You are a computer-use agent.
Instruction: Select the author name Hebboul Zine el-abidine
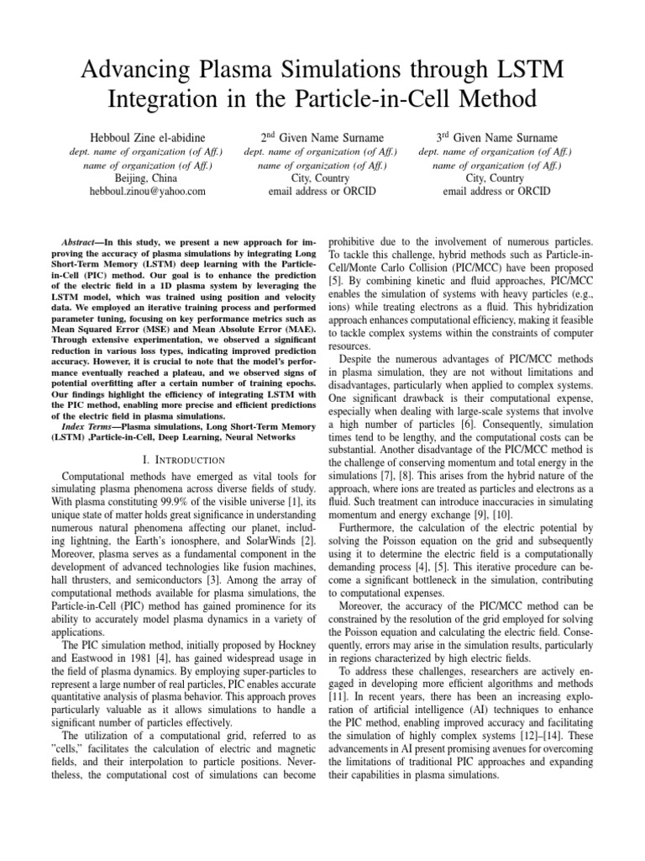[x=147, y=137]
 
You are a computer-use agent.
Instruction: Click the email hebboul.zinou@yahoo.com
[x=147, y=192]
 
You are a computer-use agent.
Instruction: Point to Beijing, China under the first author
[x=147, y=178]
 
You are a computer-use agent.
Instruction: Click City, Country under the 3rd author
[x=495, y=178]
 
